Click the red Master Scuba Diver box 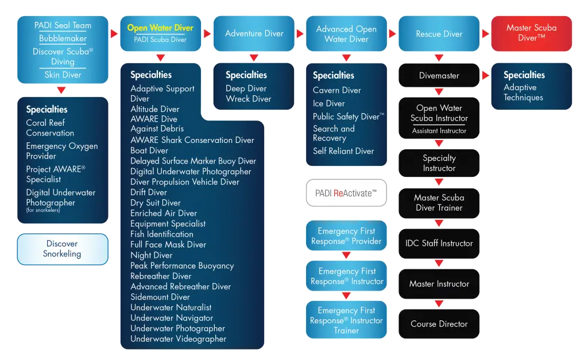coord(531,33)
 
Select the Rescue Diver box coord(439,33)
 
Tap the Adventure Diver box coord(254,33)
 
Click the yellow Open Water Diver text coord(160,28)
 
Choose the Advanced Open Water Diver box coord(346,33)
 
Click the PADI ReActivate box coord(346,193)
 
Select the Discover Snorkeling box coord(63,249)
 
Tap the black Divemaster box coord(439,75)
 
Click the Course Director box coord(439,324)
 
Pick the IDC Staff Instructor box coord(439,243)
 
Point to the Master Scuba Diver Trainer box coord(439,203)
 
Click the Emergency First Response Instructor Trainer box coord(346,320)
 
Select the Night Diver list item coord(152,256)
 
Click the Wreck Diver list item coord(248,99)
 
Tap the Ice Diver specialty coord(329,103)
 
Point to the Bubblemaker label coord(63,38)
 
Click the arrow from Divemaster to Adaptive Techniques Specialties coord(486,75)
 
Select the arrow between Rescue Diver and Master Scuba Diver coord(486,33)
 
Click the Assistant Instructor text coord(439,131)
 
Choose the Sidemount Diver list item coord(160,297)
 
